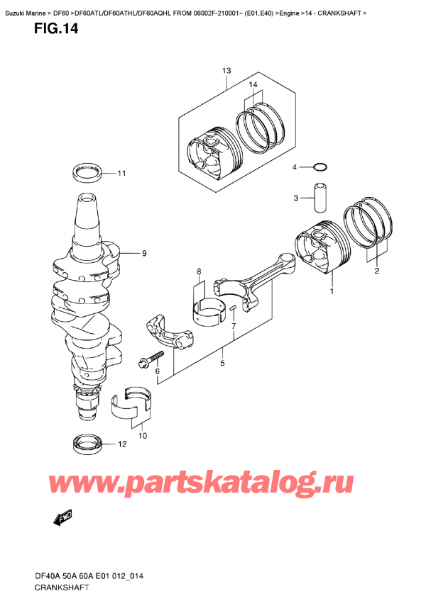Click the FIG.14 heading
tap(56, 29)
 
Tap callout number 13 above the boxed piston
tap(226, 71)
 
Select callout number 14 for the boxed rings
tap(253, 85)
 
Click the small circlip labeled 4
tap(319, 167)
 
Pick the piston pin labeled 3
tap(321, 198)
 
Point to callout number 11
tap(121, 174)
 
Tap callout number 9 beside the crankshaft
tap(144, 253)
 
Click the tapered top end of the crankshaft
tap(87, 215)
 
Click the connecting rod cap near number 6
tap(169, 331)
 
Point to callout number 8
tap(199, 271)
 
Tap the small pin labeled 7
tap(233, 308)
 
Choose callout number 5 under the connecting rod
tap(222, 364)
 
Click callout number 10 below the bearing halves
tap(143, 436)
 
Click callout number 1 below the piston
tap(332, 292)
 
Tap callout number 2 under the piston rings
tap(377, 271)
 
